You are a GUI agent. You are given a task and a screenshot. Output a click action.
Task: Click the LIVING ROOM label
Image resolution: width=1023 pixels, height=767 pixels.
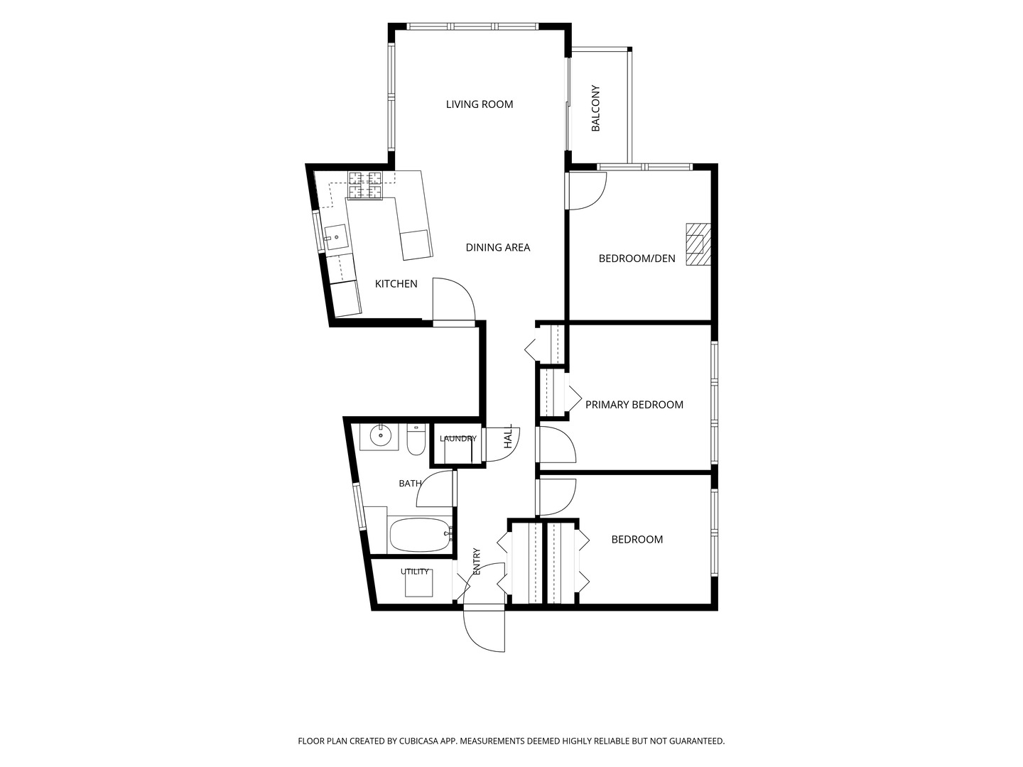(x=479, y=104)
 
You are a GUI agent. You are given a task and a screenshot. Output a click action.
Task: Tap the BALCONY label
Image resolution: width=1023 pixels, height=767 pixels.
(x=595, y=108)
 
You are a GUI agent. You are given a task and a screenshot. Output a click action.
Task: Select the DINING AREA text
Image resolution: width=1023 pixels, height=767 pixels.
(x=498, y=247)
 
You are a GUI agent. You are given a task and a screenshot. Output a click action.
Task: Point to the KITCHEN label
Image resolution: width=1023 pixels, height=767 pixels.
(x=396, y=283)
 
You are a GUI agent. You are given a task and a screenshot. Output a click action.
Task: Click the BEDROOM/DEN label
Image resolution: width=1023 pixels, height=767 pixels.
(x=637, y=259)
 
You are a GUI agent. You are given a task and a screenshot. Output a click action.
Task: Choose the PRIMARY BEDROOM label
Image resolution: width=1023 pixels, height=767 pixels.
(x=634, y=405)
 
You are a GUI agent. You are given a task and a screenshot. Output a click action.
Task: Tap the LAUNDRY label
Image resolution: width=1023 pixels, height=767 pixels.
(x=458, y=438)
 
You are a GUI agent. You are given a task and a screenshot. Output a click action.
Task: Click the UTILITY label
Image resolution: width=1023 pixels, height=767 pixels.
(x=414, y=572)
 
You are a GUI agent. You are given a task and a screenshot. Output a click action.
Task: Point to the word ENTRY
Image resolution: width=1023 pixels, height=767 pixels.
(x=476, y=561)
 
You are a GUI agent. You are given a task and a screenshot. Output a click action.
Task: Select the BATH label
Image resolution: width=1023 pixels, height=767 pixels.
(x=410, y=484)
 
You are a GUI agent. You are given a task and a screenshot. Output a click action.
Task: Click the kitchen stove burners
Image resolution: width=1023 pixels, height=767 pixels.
(x=365, y=185)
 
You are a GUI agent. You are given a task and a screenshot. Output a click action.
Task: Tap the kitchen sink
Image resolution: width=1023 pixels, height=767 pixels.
(x=335, y=239)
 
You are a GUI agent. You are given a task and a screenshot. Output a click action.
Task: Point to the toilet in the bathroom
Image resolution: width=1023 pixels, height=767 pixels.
(x=416, y=439)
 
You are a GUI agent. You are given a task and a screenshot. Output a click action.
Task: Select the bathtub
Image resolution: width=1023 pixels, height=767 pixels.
(x=421, y=535)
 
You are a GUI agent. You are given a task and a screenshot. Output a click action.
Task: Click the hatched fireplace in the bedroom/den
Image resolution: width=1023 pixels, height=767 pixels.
(x=698, y=244)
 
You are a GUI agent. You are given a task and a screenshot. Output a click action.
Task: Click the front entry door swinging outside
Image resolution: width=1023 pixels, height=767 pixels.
(x=485, y=629)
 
